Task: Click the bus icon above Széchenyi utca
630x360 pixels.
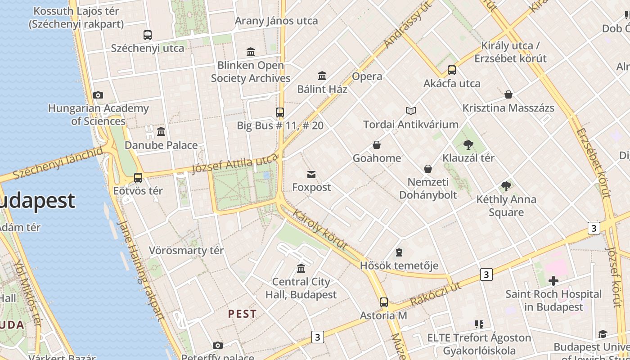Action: click(147, 35)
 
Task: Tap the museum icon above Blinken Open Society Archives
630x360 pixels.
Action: click(251, 52)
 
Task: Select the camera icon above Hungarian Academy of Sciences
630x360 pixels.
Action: click(98, 95)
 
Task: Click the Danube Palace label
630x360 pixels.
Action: click(161, 145)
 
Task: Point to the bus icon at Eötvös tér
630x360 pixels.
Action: click(138, 178)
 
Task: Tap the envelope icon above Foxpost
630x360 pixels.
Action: click(311, 174)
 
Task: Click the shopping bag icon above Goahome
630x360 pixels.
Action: click(377, 145)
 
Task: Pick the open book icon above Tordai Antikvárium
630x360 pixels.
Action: click(410, 111)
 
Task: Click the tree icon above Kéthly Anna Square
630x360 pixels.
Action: click(506, 186)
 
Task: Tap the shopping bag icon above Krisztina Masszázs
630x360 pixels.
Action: click(508, 94)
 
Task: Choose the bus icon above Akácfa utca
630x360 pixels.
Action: click(452, 70)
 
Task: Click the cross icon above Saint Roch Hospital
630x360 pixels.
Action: click(553, 281)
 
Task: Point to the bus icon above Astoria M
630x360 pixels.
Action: click(383, 302)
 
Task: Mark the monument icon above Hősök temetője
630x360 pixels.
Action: click(399, 252)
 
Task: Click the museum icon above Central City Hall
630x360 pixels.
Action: click(301, 269)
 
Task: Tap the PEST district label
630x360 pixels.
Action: click(242, 314)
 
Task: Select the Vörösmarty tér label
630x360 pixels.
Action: click(186, 251)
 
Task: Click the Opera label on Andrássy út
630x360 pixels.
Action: click(367, 76)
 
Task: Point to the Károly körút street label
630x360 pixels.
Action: click(320, 229)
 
